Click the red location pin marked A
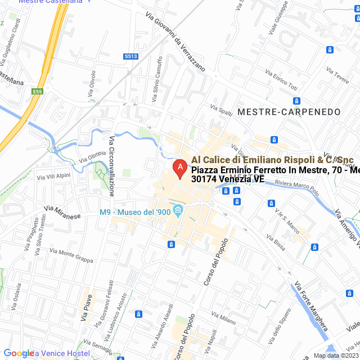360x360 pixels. (179, 168)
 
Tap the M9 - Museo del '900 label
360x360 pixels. (134, 212)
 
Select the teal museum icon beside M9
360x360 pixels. (178, 211)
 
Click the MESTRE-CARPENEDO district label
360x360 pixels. (289, 112)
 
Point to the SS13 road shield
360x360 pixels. (131, 56)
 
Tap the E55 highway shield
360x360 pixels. (37, 92)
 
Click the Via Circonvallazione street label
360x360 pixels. (111, 165)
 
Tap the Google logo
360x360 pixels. (19, 353)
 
